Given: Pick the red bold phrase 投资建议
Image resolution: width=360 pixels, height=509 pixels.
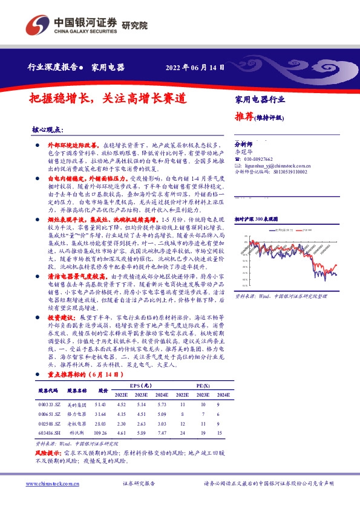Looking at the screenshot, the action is [x=60, y=316].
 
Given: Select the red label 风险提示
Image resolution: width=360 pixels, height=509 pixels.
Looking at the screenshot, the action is [x=48, y=452].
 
